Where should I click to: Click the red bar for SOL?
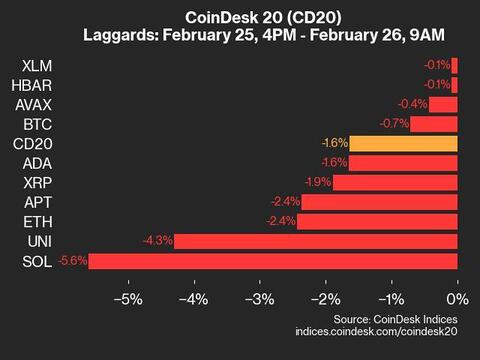tap(274, 260)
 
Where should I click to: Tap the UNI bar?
tap(316, 240)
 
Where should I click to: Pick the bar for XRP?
tap(395, 182)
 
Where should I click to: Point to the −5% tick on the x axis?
tap(128, 299)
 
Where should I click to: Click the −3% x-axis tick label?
tap(260, 299)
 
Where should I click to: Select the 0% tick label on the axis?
tap(456, 299)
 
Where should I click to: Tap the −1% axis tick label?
tap(391, 299)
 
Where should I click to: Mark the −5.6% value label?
tap(74, 260)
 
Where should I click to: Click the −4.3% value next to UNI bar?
tap(159, 240)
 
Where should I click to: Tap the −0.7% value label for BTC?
tap(395, 124)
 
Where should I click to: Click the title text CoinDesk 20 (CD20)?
tap(240, 18)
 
